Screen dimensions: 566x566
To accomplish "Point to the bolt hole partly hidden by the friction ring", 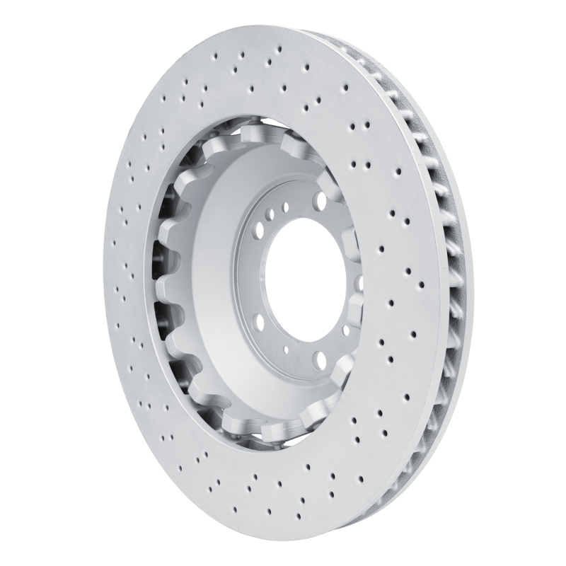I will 360,282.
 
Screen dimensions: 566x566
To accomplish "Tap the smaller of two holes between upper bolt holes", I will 286,208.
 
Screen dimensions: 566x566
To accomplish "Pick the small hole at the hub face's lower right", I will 345,330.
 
